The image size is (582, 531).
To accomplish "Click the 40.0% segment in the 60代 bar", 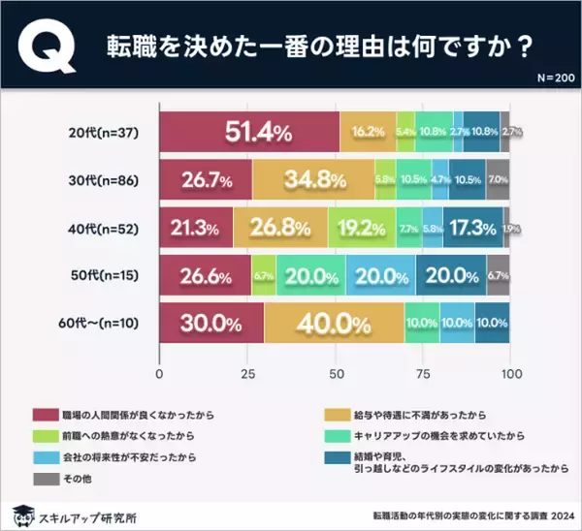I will click(333, 322).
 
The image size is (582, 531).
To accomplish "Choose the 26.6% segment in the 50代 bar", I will click(205, 274).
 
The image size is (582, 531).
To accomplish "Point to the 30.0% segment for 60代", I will click(210, 322).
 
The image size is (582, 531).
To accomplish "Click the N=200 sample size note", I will click(548, 77).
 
